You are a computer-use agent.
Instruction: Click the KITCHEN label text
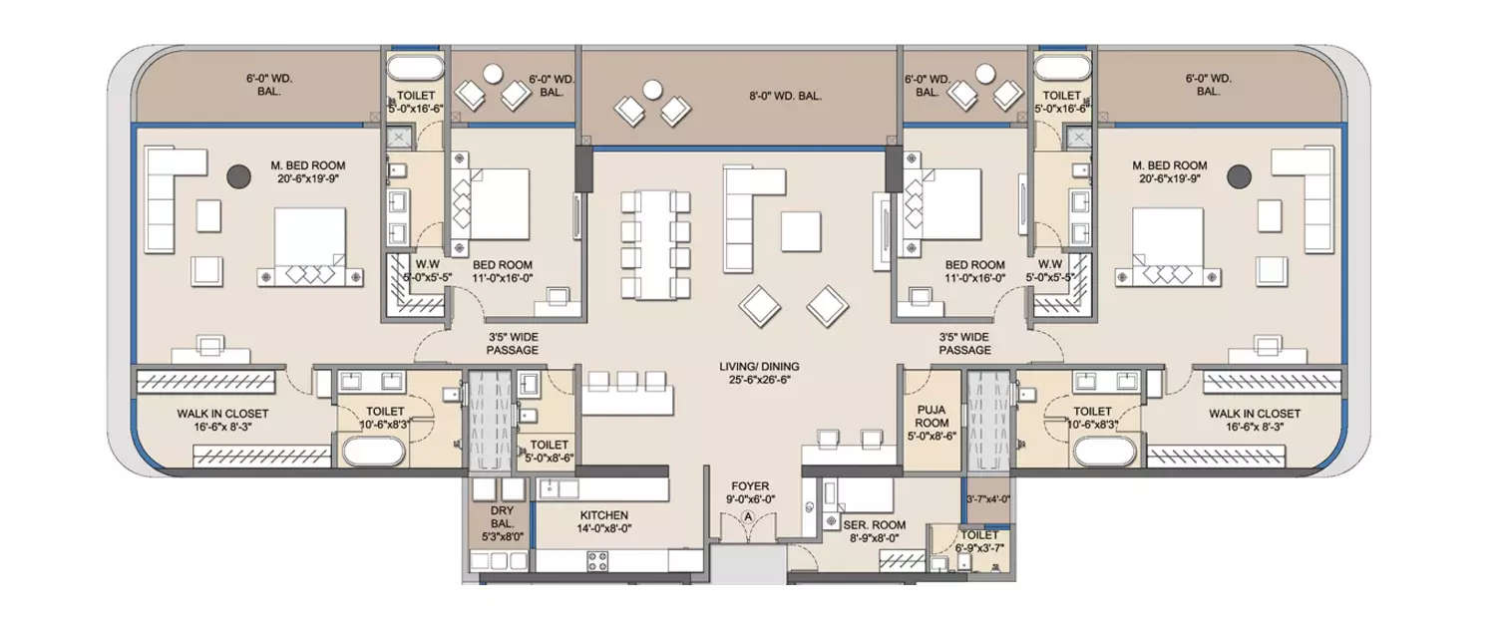tap(602, 515)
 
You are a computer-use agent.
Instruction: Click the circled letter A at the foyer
tap(749, 517)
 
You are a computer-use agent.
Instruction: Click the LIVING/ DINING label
tap(759, 367)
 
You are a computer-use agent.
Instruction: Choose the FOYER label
tap(749, 486)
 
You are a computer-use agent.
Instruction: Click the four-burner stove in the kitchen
tap(598, 561)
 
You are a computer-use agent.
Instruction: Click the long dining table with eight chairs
tap(655, 245)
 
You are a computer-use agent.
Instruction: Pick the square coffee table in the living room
tap(801, 231)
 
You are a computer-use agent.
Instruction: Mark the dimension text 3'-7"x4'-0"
tap(988, 499)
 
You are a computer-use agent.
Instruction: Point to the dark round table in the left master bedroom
tap(238, 176)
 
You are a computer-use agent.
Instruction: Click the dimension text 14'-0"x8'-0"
tap(602, 529)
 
